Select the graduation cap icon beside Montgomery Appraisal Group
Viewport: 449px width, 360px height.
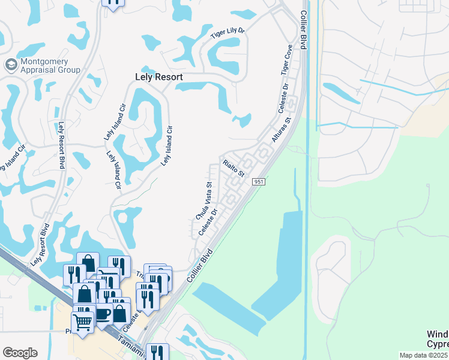11,64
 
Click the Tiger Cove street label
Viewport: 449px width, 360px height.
286,59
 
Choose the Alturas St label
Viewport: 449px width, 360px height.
280,129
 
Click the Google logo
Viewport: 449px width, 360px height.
20,353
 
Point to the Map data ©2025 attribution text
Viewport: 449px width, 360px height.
424,355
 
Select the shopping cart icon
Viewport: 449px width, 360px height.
82,322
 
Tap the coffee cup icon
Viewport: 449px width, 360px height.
102,313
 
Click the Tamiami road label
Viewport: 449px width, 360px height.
130,347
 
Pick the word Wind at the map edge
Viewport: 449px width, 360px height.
437,334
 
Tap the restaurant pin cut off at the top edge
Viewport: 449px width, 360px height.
112,4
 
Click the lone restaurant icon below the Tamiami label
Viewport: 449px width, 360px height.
157,353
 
